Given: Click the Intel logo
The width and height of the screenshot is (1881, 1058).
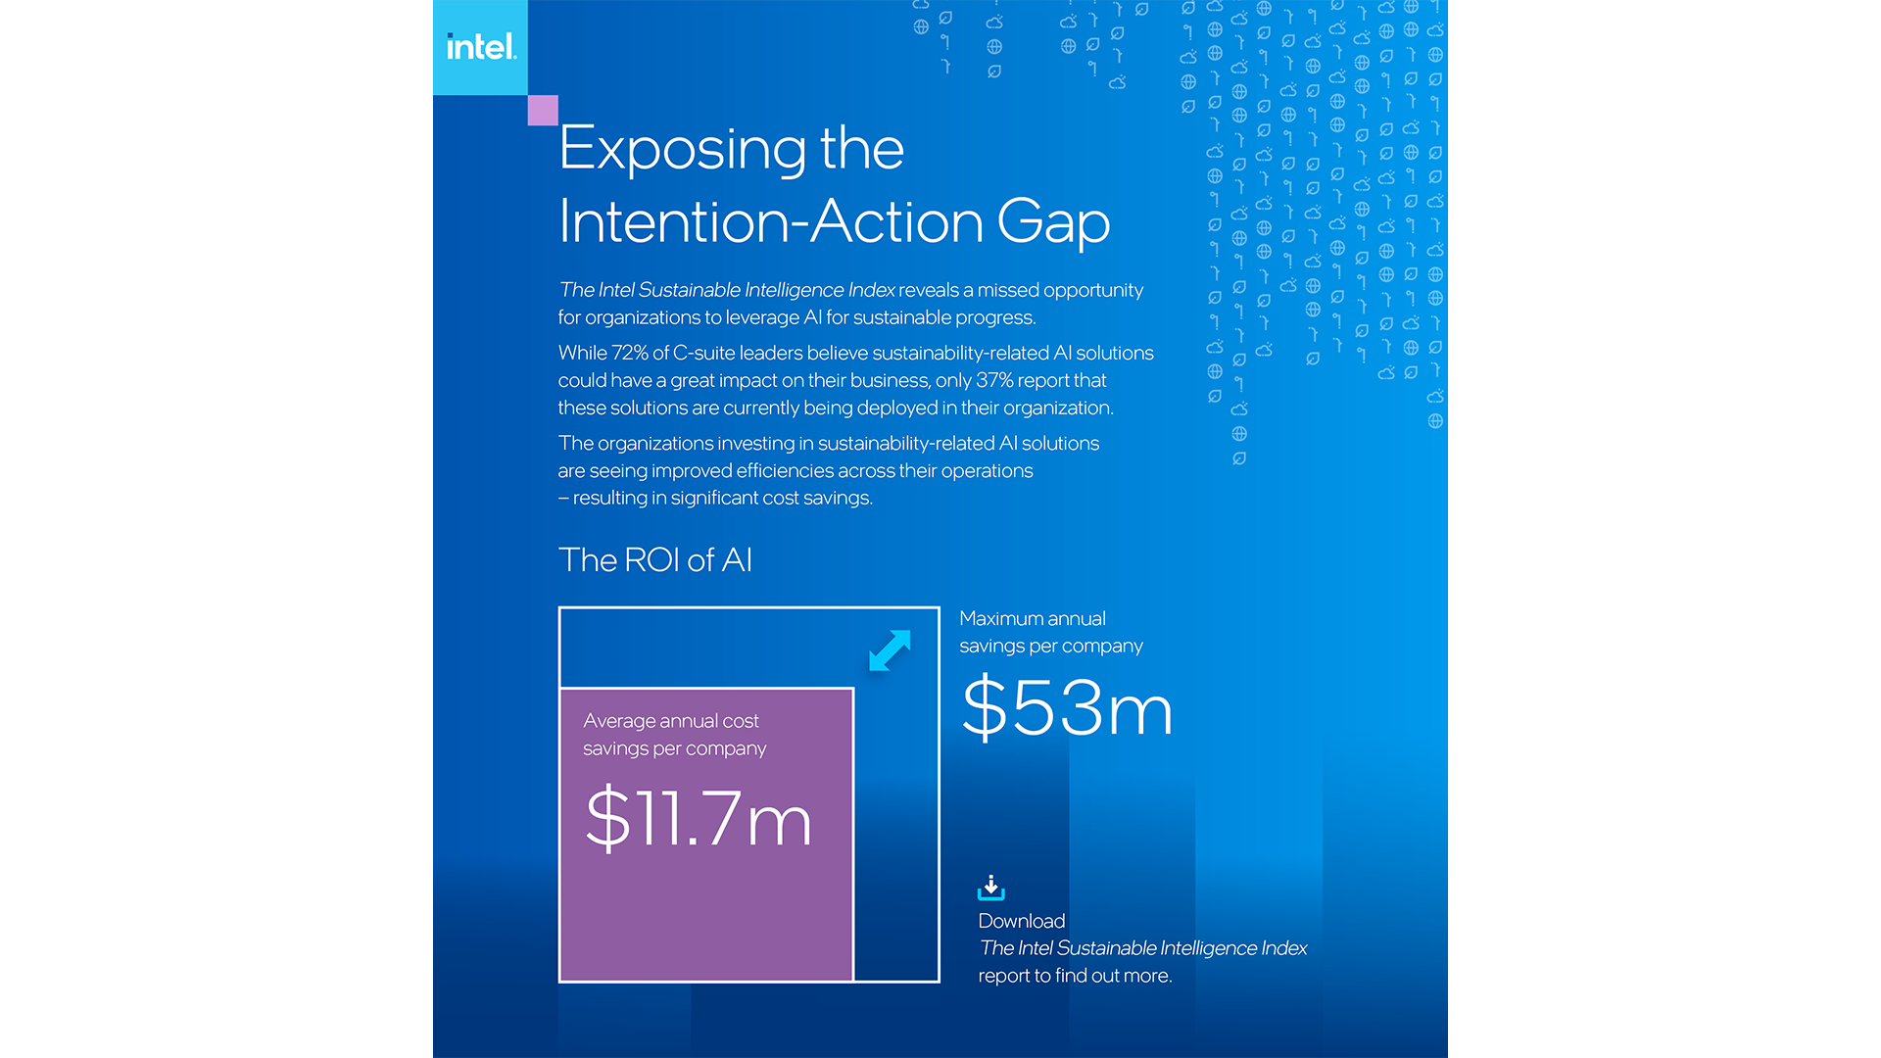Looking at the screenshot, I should pyautogui.click(x=480, y=47).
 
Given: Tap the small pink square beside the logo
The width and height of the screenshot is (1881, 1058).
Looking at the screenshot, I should pyautogui.click(x=543, y=110).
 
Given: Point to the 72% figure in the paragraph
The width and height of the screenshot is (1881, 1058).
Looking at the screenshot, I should pyautogui.click(x=630, y=353).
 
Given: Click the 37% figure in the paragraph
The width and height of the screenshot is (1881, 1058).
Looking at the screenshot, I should pyautogui.click(x=994, y=380).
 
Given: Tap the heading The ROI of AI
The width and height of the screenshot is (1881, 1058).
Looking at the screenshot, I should pyautogui.click(x=654, y=560).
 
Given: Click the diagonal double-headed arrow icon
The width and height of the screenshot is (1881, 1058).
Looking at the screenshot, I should pyautogui.click(x=890, y=651).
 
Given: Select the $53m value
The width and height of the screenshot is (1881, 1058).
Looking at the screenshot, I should pyautogui.click(x=1067, y=707).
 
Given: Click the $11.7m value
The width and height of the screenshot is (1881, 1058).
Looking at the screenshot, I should pyautogui.click(x=699, y=818).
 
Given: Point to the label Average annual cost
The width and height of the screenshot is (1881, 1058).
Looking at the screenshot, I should pyautogui.click(x=671, y=721).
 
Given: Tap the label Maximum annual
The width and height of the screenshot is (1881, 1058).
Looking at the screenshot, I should pyautogui.click(x=1032, y=619).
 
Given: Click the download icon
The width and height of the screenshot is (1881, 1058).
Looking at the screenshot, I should pyautogui.click(x=990, y=888).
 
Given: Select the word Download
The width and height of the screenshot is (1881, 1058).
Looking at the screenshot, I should pyautogui.click(x=1021, y=921).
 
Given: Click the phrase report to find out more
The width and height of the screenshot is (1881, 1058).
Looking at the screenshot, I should pyautogui.click(x=1075, y=976).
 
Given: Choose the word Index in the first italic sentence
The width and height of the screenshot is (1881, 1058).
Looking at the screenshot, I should pyautogui.click(x=871, y=290).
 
